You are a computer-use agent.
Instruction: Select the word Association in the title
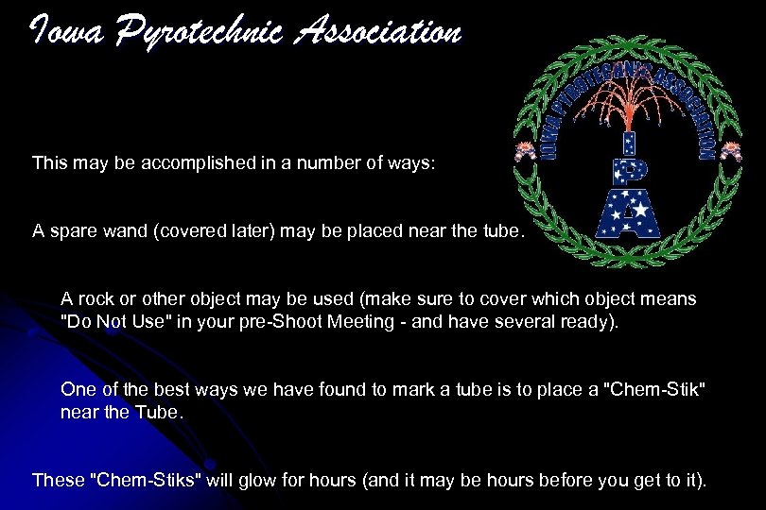coord(377,33)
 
